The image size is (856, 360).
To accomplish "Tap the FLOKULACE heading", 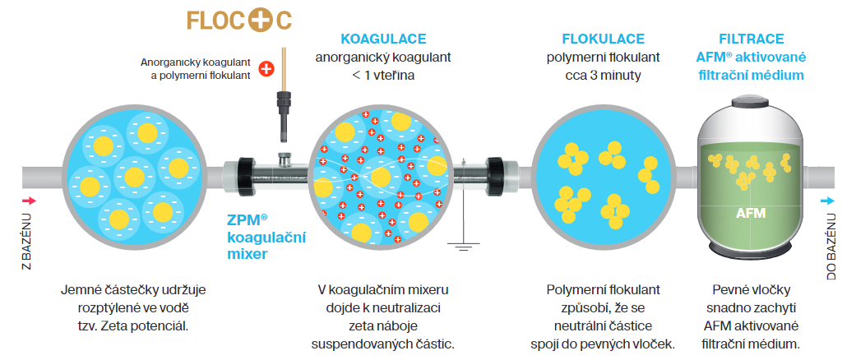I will click(603, 39).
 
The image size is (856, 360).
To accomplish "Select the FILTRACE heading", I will click(750, 39).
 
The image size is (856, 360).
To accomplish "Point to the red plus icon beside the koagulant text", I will click(266, 69).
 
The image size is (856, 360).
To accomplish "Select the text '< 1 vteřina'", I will click(383, 76).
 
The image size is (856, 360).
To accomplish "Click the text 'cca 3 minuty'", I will click(603, 76).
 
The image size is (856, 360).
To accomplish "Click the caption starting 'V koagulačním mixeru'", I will click(382, 316).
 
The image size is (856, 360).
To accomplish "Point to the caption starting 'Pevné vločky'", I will click(751, 316).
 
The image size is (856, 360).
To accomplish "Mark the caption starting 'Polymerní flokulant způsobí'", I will click(603, 316).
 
